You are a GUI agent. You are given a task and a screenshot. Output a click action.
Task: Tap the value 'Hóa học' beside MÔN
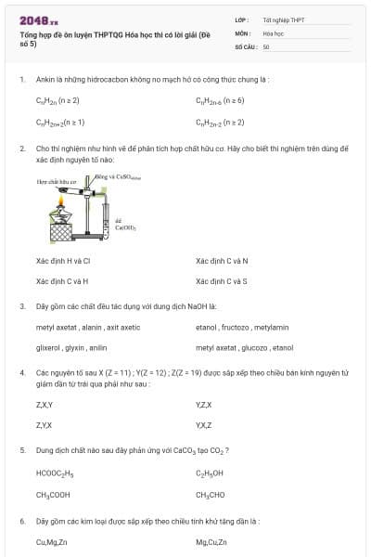(273, 32)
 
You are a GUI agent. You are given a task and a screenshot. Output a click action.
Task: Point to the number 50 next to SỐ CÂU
(266, 45)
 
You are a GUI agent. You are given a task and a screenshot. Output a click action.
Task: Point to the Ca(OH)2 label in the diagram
(124, 225)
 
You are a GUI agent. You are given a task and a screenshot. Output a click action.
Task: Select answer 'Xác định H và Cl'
(63, 260)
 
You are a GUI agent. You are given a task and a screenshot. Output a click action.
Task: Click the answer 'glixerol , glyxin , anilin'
(71, 347)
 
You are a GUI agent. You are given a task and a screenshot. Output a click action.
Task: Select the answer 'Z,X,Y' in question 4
(45, 404)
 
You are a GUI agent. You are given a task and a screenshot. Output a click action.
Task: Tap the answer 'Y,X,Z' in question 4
(204, 424)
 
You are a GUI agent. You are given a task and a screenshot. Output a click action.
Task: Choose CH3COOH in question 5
(53, 495)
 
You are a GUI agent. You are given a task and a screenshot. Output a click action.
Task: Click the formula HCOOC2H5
(55, 473)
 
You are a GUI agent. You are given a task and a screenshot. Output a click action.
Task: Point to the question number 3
(22, 305)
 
